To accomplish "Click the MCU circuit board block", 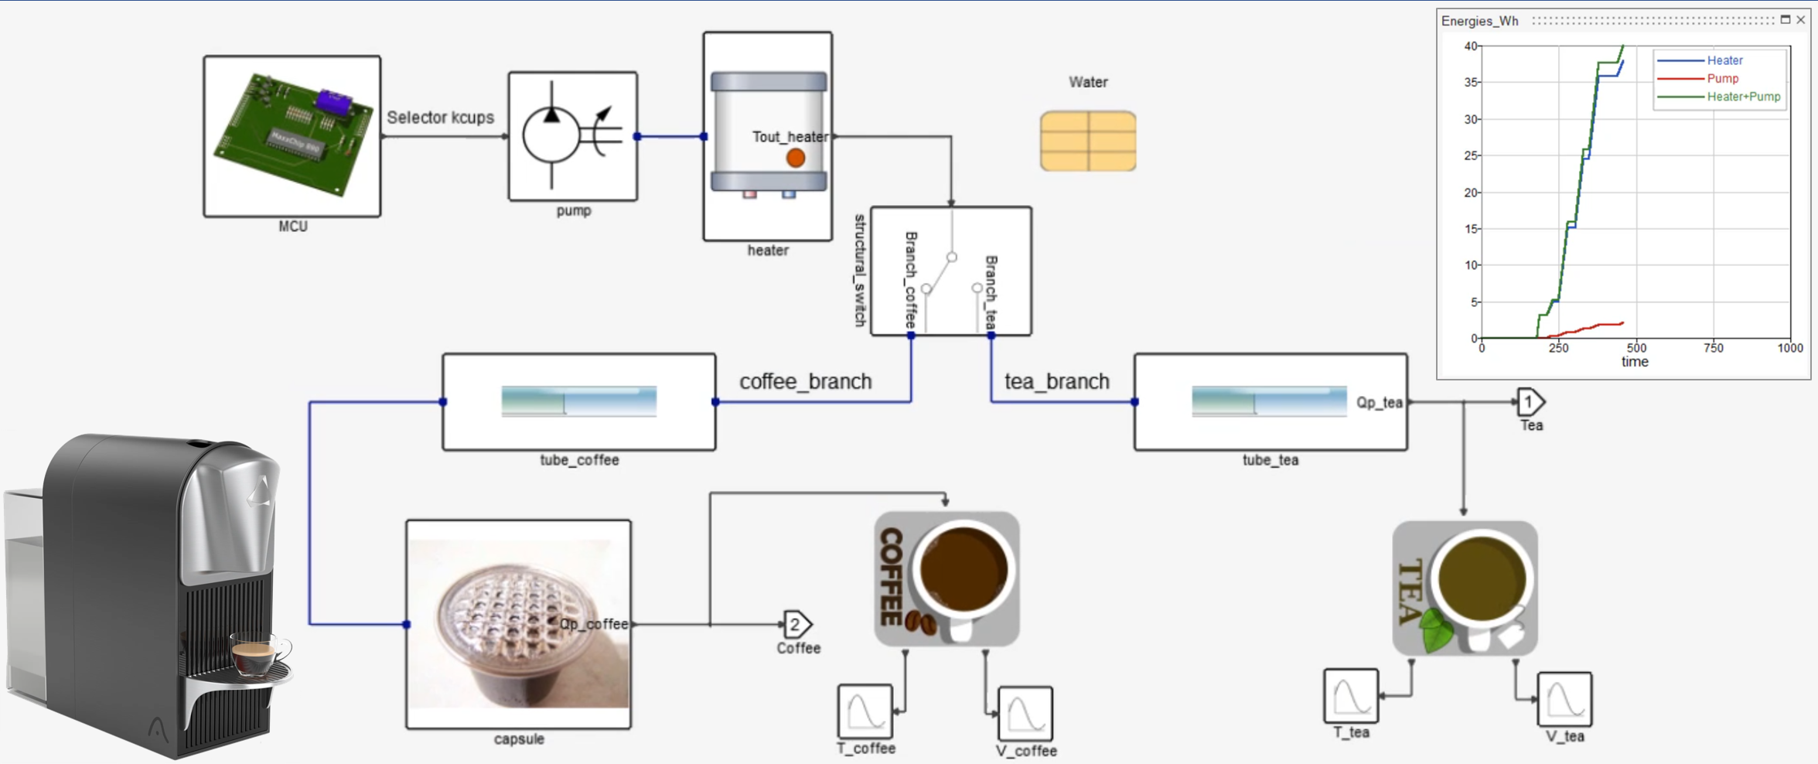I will point(292,136).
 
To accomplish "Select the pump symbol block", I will point(572,136).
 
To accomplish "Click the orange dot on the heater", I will point(795,159).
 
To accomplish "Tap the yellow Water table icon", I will point(1087,141).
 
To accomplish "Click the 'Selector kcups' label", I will point(440,118).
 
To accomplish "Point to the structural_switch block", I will point(950,271).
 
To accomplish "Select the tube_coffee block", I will point(578,402).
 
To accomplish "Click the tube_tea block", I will point(1270,402).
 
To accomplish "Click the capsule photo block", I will point(518,623).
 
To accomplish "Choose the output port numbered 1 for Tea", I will point(1529,402).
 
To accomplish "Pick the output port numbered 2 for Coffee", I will point(796,624).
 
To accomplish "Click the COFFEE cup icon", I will point(947,578).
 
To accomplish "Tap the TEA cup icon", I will point(1465,588).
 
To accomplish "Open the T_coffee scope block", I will point(865,711).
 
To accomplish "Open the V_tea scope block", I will point(1564,699).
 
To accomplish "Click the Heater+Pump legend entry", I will point(1743,97).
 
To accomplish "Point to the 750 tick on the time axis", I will point(1713,349).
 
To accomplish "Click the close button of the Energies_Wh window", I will point(1801,20).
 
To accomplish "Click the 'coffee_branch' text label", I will point(805,381).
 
